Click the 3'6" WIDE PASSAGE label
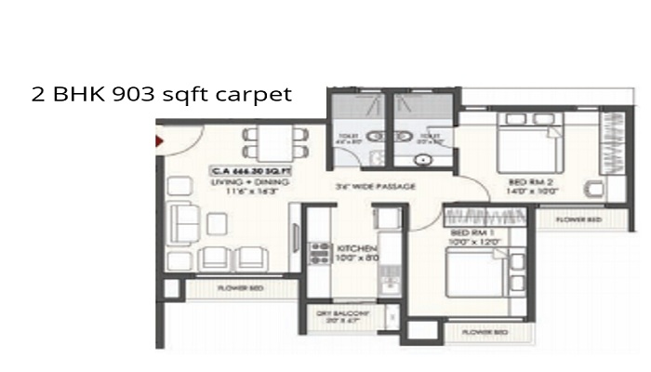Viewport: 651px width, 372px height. tap(376, 188)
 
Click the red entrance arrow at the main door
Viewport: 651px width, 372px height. tap(160, 139)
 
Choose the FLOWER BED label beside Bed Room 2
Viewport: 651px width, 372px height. tap(578, 219)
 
